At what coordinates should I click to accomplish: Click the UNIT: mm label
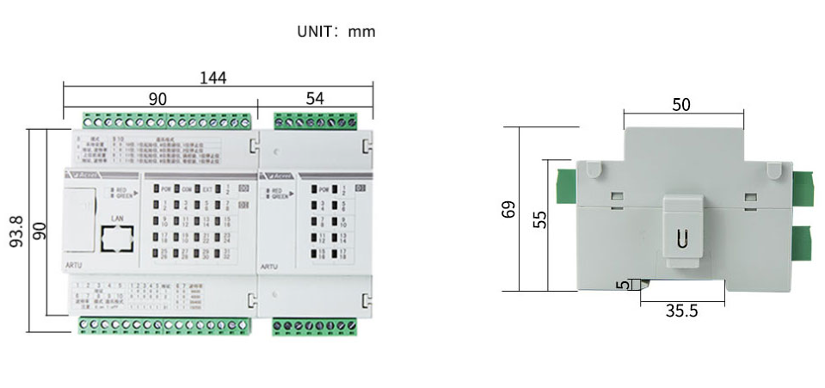[336, 32]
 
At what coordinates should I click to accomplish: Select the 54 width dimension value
[315, 100]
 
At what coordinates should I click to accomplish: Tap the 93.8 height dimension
[16, 231]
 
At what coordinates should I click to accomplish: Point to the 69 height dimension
[509, 209]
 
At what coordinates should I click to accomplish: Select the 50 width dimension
[681, 105]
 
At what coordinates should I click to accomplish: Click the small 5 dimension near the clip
[622, 285]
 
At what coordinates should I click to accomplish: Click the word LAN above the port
[118, 219]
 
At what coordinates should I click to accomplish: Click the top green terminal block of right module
[315, 121]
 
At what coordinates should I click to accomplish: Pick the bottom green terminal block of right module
[315, 324]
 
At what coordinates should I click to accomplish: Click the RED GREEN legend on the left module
[120, 192]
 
